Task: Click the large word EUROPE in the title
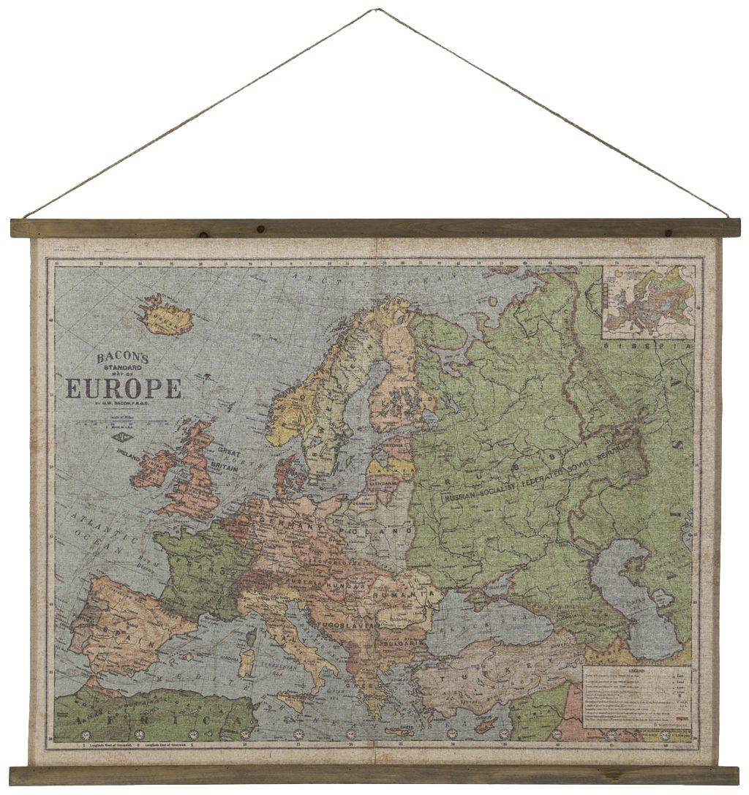click(x=124, y=388)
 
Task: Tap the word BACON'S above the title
click(x=122, y=358)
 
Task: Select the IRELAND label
click(x=129, y=451)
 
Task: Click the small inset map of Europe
click(x=648, y=301)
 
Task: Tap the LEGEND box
click(x=637, y=696)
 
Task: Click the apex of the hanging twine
click(x=378, y=10)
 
